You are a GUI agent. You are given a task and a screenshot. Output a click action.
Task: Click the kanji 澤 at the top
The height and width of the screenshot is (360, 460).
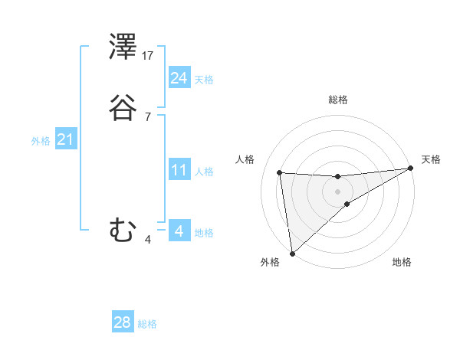click(x=123, y=47)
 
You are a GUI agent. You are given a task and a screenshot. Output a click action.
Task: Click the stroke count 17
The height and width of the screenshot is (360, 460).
click(x=148, y=55)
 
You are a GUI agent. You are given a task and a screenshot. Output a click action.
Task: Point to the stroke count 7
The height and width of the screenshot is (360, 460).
click(x=147, y=116)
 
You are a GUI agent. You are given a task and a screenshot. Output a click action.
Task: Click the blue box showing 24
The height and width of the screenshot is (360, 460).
click(x=179, y=78)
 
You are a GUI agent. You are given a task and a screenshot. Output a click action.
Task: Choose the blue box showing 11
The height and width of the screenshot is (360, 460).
click(x=179, y=170)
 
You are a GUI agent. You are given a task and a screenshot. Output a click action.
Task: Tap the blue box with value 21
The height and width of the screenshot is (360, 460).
click(x=65, y=139)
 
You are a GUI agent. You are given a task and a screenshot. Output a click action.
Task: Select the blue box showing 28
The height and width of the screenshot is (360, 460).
click(x=123, y=322)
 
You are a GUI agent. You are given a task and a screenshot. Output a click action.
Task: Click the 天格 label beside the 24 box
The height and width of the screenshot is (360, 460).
click(x=204, y=80)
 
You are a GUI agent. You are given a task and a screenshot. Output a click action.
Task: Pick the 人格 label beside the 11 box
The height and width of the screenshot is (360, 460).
click(x=204, y=172)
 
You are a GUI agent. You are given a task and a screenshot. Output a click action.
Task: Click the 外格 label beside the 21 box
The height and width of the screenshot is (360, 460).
click(x=41, y=141)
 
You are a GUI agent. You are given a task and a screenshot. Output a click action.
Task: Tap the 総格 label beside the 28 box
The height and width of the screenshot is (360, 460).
click(x=147, y=324)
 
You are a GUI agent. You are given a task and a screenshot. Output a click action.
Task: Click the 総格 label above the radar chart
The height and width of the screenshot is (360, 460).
click(x=338, y=100)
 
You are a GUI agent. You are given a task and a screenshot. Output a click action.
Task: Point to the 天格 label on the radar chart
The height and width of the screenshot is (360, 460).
click(x=431, y=159)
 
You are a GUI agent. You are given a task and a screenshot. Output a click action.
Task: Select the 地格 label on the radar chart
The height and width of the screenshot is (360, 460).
click(x=402, y=262)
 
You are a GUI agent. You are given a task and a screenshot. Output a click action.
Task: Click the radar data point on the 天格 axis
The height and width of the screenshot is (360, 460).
click(x=409, y=169)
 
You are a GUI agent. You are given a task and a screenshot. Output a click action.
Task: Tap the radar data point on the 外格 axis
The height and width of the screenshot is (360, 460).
click(x=291, y=253)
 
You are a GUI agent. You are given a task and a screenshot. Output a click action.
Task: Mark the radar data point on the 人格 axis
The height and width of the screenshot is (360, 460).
click(x=280, y=172)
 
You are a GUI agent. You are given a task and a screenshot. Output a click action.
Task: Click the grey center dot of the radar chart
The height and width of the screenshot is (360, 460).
click(x=337, y=191)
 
